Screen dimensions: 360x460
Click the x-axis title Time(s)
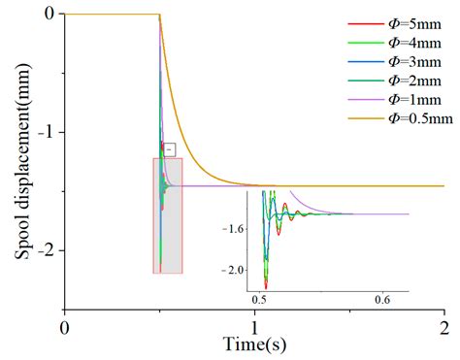(254, 344)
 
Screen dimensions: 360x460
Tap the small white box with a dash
(169, 149)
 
